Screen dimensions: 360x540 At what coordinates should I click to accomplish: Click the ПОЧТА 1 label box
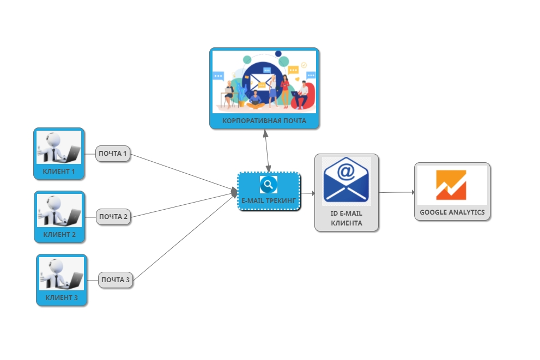click(113, 154)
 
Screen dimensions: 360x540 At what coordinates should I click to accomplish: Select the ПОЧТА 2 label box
click(113, 217)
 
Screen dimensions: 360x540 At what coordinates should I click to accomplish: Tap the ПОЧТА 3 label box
click(116, 280)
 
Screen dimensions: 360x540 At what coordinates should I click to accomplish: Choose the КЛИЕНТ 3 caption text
click(62, 298)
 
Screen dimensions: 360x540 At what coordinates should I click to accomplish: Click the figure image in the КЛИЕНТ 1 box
click(59, 147)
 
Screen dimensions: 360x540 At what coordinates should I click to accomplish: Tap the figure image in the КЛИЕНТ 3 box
click(62, 273)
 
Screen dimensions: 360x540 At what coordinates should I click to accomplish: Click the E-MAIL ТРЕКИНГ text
click(269, 201)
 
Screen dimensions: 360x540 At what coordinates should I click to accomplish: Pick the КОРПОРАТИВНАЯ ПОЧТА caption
click(264, 120)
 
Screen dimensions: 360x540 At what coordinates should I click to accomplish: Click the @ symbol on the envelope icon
click(346, 172)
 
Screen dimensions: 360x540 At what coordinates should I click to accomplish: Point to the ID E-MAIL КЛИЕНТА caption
click(347, 218)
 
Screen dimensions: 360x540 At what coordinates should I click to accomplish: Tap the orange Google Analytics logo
click(451, 185)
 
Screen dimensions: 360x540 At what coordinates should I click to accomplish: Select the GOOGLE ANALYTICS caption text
click(452, 212)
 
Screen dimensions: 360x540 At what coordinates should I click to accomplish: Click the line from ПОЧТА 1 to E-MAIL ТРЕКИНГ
click(183, 172)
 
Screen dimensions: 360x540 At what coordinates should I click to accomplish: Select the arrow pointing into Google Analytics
click(397, 192)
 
